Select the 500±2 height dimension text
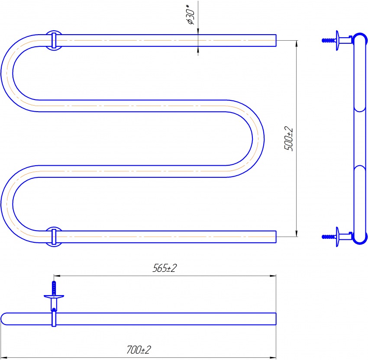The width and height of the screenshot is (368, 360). coord(289,138)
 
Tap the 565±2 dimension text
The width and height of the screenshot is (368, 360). coord(165,268)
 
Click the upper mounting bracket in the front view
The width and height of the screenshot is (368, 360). coord(54,40)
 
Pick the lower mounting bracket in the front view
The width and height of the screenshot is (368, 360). coord(54,237)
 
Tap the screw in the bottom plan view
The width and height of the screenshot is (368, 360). coord(54,288)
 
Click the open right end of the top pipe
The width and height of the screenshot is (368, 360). coord(275,40)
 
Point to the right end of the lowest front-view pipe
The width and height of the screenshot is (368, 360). coord(275,237)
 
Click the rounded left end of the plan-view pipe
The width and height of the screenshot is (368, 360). coord(4,318)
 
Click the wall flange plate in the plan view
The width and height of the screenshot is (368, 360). coord(54,297)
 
